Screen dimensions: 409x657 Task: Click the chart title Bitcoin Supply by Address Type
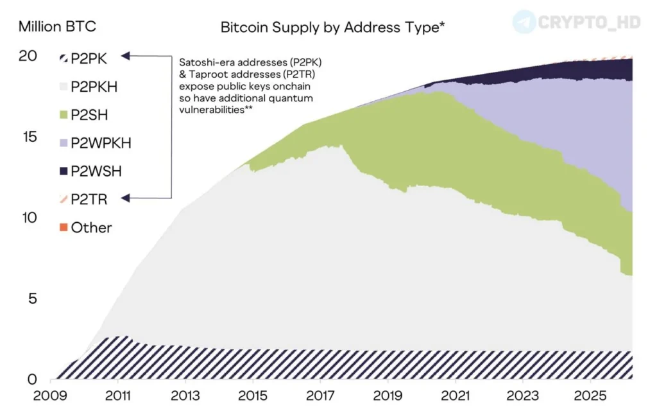[x=332, y=27]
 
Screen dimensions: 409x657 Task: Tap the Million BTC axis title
[x=58, y=27]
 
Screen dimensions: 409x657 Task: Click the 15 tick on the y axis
[x=28, y=137]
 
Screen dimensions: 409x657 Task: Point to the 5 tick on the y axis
[x=31, y=299]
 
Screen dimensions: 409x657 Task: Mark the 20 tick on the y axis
[x=28, y=56]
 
